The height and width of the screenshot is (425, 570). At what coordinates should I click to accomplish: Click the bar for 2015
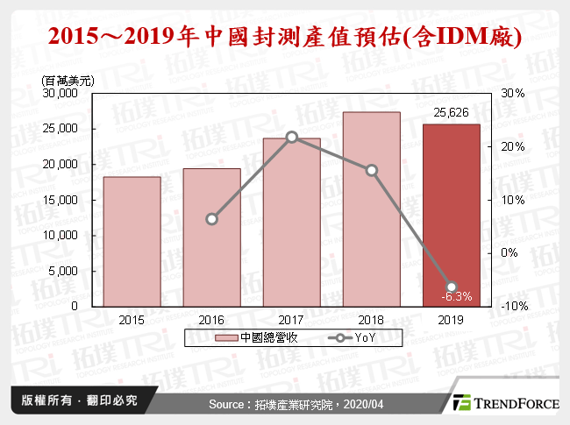click(132, 241)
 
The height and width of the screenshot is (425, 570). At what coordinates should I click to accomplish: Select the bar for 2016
click(211, 237)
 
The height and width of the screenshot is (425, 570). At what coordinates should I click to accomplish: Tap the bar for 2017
click(291, 222)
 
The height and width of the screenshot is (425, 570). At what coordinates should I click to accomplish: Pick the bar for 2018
click(372, 209)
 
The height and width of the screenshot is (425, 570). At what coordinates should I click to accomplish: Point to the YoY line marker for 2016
click(211, 219)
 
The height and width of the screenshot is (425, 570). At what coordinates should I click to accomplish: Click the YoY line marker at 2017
click(292, 137)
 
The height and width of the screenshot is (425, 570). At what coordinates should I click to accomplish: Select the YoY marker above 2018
click(372, 171)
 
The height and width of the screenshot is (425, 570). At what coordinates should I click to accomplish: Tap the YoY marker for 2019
click(452, 287)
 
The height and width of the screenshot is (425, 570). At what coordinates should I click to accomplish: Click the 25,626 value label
click(452, 113)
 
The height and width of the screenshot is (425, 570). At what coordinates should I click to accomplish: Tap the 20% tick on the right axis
click(513, 146)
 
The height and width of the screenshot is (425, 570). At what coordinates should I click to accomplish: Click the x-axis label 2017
click(291, 319)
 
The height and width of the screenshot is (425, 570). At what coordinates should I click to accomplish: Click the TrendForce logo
click(504, 402)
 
